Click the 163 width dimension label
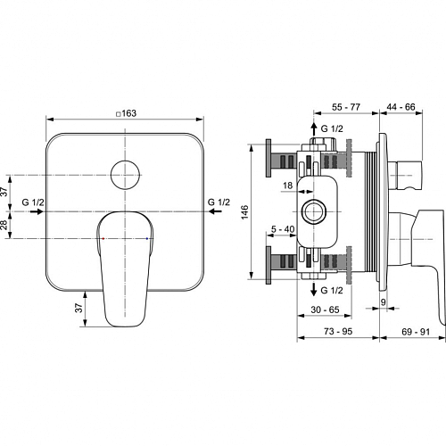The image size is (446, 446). tap(127, 113)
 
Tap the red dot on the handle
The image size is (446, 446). tap(103, 238)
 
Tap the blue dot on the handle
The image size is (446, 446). tap(147, 238)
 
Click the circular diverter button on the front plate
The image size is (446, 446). tap(125, 175)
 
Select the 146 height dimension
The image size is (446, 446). tap(244, 212)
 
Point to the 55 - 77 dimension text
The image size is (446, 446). tap(346, 107)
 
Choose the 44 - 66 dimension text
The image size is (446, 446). tap(401, 107)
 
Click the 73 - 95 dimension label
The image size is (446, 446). tap(338, 331)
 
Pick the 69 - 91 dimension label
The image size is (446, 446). tap(416, 332)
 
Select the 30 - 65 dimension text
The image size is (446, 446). tap(325, 310)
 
